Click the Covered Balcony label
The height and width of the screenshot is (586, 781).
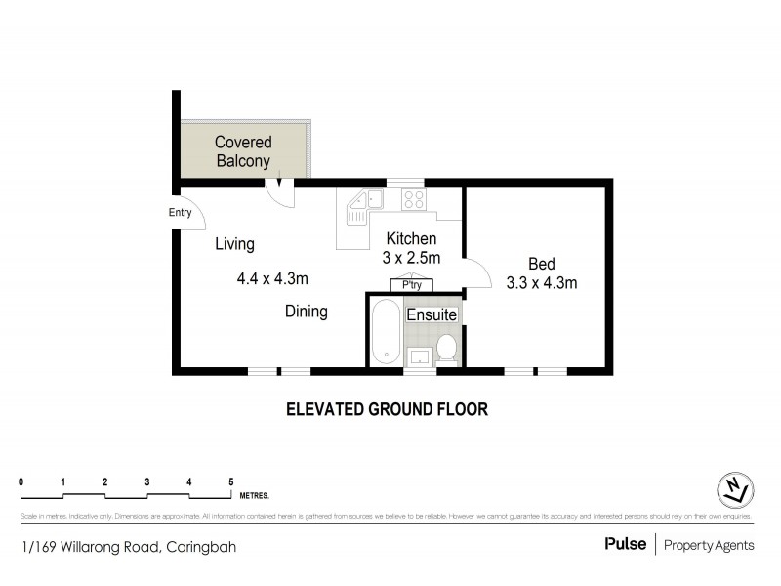[x=243, y=152]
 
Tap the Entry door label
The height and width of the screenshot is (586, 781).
[x=181, y=213]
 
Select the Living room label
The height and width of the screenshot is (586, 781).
[x=234, y=244]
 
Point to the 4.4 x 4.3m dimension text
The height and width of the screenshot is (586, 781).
[x=272, y=278]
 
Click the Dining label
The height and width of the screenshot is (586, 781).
[x=306, y=312]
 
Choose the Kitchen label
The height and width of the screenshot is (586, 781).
[x=411, y=239]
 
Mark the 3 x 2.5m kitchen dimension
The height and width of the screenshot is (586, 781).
[x=411, y=259]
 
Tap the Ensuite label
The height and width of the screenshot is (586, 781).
[x=431, y=314]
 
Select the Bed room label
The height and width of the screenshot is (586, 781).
[x=541, y=264]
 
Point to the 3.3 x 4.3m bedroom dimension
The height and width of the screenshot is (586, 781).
[x=541, y=284]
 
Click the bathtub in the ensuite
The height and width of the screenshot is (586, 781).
[x=385, y=332]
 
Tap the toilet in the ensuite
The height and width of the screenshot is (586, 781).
[x=447, y=348]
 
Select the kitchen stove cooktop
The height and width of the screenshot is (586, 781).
[x=413, y=200]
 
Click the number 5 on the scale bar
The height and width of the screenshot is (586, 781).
[x=230, y=481]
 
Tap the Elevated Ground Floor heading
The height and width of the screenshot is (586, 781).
[x=386, y=409]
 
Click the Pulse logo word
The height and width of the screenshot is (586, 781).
[x=625, y=544]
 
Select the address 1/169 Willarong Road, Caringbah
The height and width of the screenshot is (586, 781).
[x=128, y=547]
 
